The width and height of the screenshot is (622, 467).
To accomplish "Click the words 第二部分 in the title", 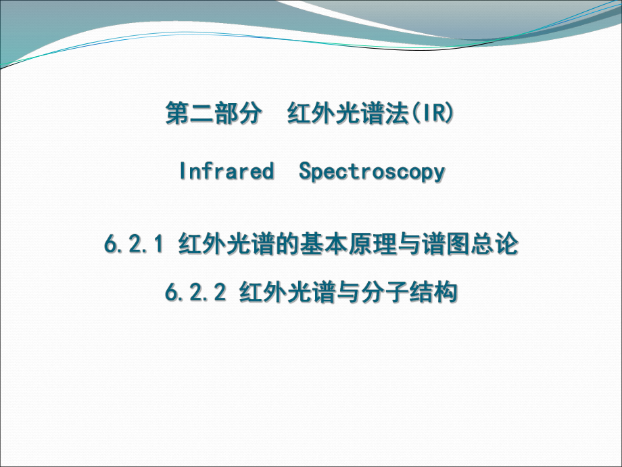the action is coord(214,113).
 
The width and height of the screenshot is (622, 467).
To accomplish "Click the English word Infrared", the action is coord(227,171).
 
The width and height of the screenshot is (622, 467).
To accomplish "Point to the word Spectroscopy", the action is coord(372,172).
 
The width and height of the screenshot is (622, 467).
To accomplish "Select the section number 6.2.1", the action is coord(134,244).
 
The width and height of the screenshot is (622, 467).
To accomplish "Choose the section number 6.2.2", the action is coord(195,292).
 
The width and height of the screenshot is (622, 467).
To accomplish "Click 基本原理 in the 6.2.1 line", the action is coord(348,244).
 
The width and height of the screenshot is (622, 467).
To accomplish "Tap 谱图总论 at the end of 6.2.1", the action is coord(470,244).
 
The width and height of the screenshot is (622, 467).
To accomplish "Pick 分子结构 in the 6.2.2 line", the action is coord(409,292).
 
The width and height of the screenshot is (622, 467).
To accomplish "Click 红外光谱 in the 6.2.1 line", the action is coord(226,244).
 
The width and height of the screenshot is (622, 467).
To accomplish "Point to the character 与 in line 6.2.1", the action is coord(409,244).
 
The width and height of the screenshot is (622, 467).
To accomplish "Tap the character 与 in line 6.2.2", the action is coord(348,292).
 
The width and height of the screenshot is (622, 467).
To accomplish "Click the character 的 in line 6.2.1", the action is coord(287,244).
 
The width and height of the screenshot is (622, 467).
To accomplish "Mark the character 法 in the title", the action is coord(396,113).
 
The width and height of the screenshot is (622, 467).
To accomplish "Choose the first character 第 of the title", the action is coord(177,113).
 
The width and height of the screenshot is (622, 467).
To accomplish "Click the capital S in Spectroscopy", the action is coord(306,171).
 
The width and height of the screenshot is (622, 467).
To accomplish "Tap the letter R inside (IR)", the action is coord(439,112).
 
